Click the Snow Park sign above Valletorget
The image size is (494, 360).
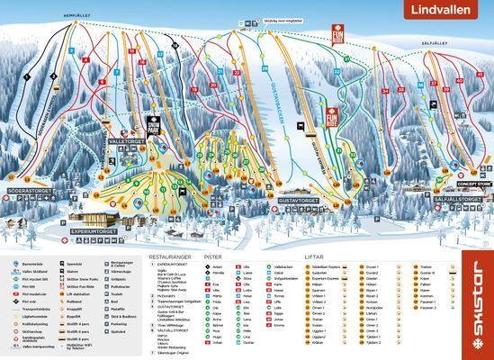(152, 126)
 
